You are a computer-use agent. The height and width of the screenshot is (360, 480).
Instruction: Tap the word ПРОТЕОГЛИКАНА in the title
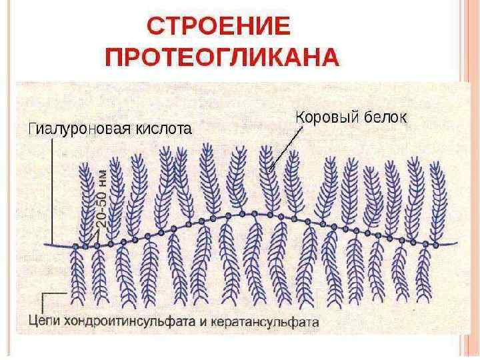223,58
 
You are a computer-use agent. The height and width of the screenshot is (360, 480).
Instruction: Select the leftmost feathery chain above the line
85,200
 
